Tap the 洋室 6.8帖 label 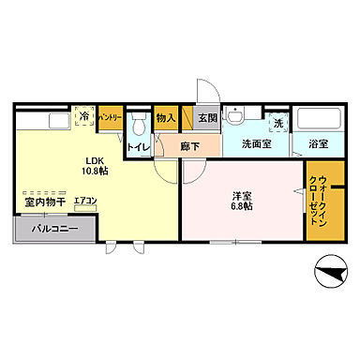click(242, 202)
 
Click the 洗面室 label click(257, 145)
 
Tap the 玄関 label click(206, 118)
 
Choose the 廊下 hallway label click(190, 146)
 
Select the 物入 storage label click(166, 118)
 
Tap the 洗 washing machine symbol click(277, 123)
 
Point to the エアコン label click(84, 201)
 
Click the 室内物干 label click(44, 201)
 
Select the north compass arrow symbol click(327, 277)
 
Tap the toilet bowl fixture click(138, 126)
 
